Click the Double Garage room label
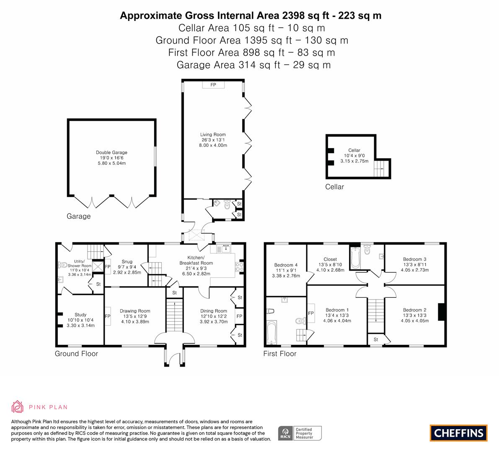[x=111, y=153]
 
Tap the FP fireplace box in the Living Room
[x=213, y=84]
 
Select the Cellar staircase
[x=381, y=168]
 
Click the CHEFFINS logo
[x=459, y=433]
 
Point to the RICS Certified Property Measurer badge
[x=300, y=433]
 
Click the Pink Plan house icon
[x=18, y=407]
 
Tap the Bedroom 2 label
[x=415, y=310]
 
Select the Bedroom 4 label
[x=286, y=265]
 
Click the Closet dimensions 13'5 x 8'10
[x=330, y=265]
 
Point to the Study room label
[x=80, y=315]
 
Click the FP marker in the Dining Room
[x=239, y=316]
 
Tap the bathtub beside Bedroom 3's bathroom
[x=355, y=258]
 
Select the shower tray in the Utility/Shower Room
[x=98, y=267]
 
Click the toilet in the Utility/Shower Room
[x=63, y=265]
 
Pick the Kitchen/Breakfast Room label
[x=196, y=260]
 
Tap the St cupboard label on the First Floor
[x=376, y=340]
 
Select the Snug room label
[x=127, y=262]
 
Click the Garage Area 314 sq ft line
[x=253, y=65]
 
